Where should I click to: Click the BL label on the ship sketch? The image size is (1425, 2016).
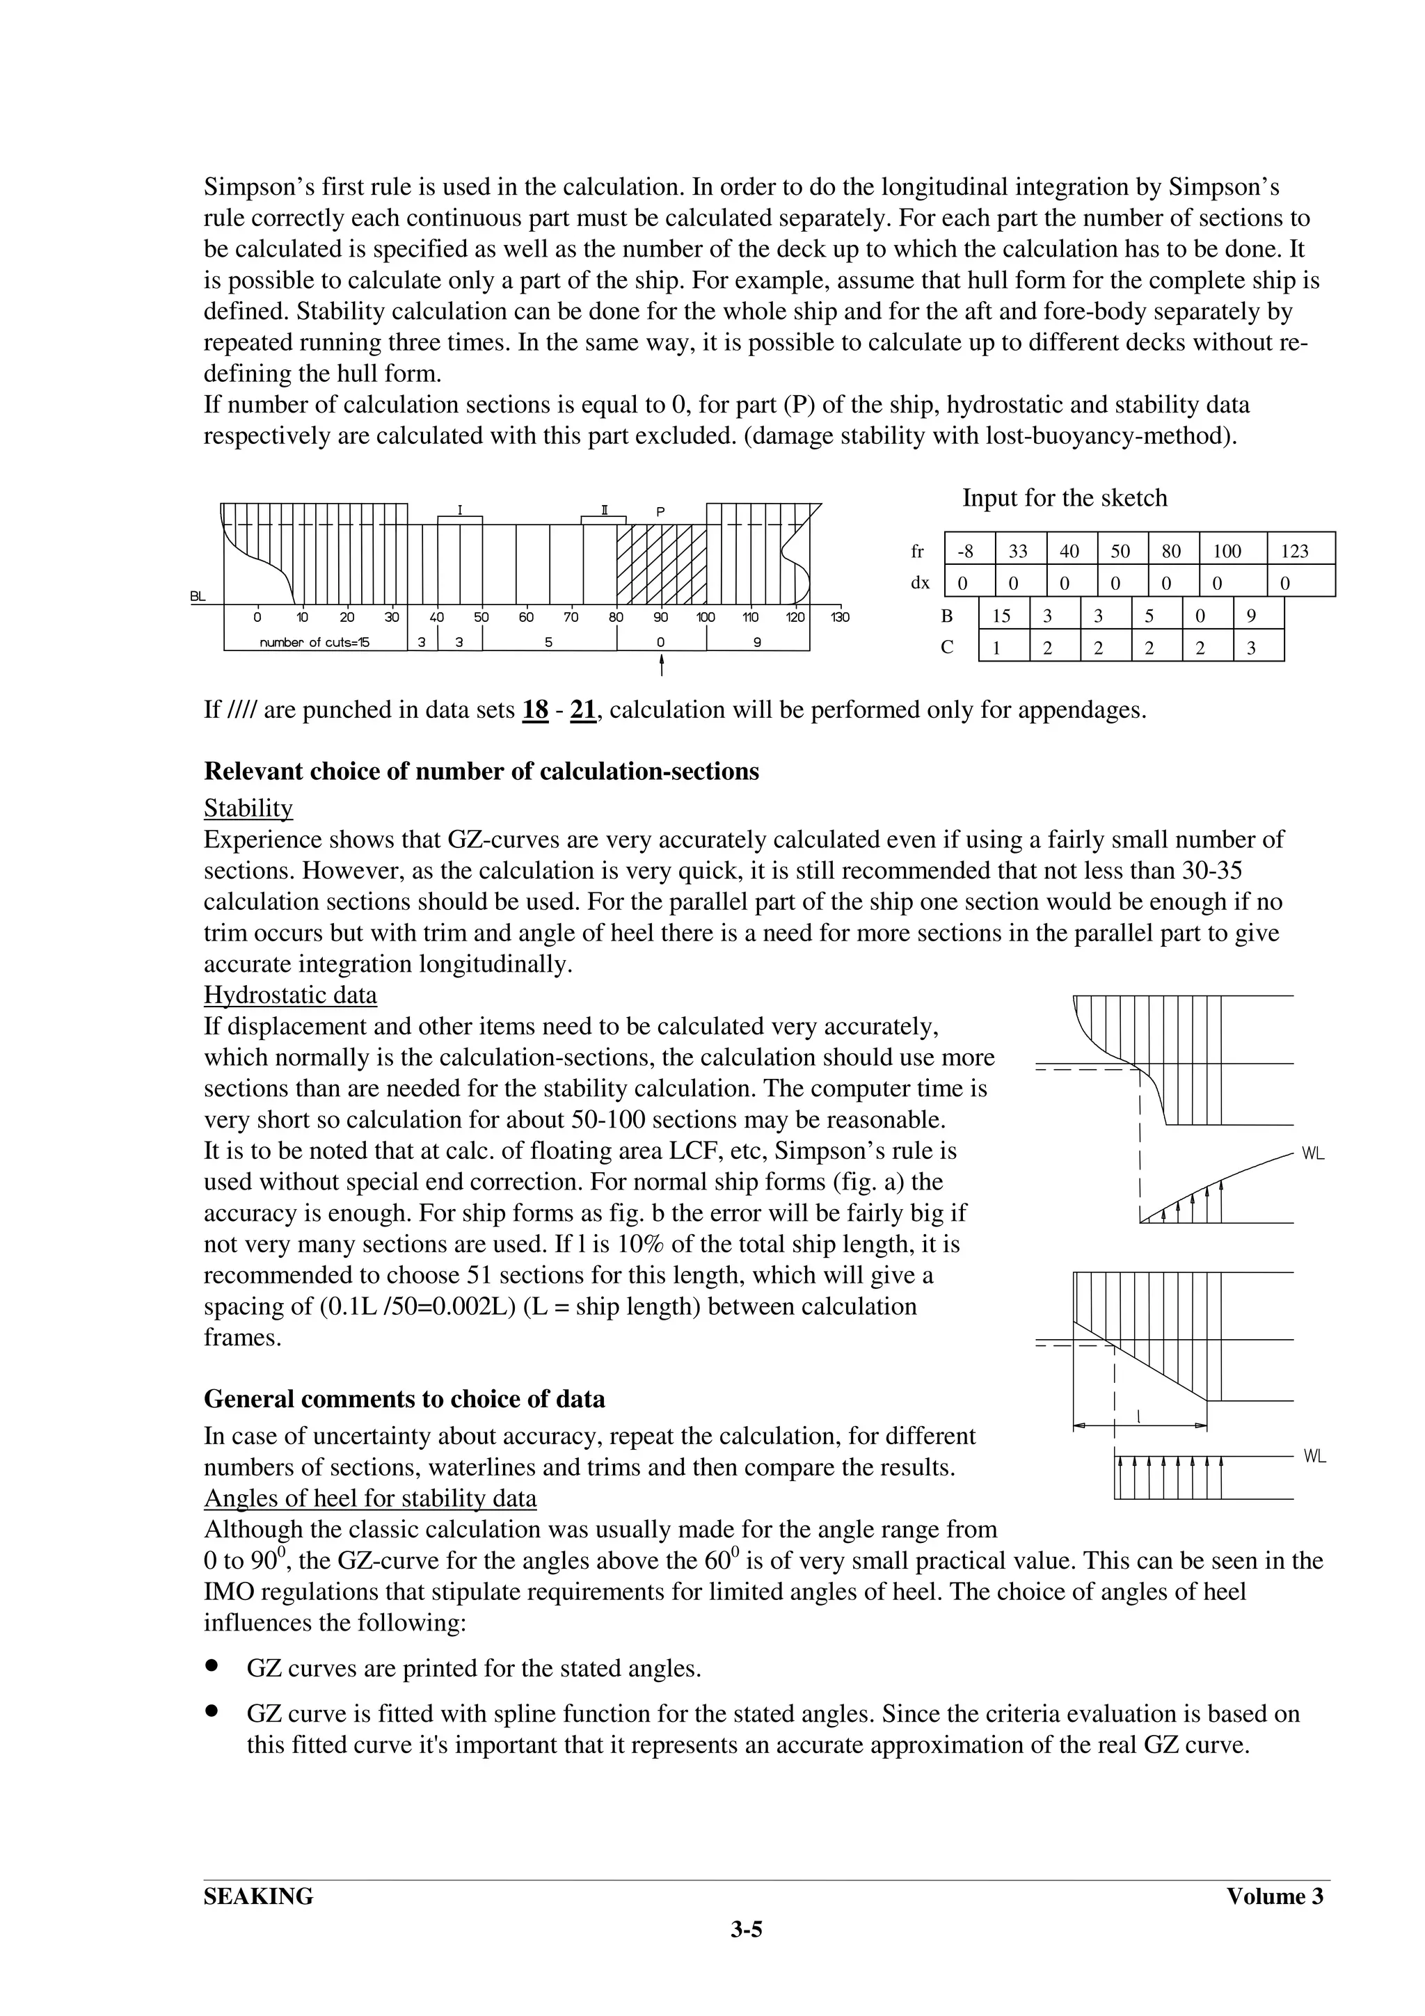tap(198, 597)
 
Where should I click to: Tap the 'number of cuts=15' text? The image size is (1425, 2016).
tap(315, 642)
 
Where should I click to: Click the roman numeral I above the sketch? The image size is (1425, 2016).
tap(459, 509)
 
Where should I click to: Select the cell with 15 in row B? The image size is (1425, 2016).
tap(1001, 616)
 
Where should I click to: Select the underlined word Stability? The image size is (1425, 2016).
tap(248, 808)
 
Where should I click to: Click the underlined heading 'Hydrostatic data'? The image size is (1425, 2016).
tap(291, 995)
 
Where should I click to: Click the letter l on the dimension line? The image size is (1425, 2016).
tap(1139, 1416)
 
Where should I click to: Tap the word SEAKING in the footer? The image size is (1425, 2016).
tap(258, 1896)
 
